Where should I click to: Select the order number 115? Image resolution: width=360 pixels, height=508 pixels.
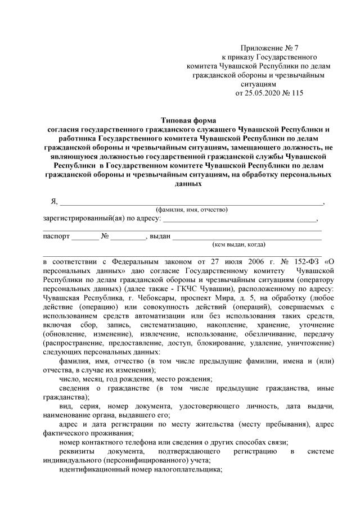pyautogui.click(x=296, y=93)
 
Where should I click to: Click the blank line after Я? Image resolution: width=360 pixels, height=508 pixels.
pyautogui.click(x=191, y=203)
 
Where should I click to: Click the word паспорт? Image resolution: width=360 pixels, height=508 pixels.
pyautogui.click(x=56, y=236)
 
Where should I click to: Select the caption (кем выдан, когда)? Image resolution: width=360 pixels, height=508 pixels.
pyautogui.click(x=239, y=244)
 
